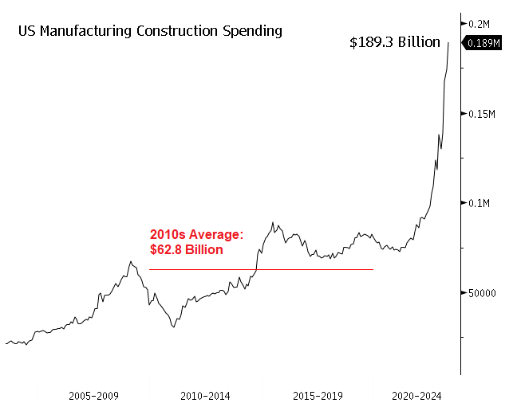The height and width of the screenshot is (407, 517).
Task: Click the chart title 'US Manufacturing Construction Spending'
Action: click(149, 32)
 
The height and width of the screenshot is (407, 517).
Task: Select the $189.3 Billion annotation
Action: click(395, 43)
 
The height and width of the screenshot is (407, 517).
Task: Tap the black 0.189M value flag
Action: click(484, 43)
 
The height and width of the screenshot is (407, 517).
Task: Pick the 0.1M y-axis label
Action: click(480, 203)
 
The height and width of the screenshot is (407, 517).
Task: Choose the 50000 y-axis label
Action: click(483, 292)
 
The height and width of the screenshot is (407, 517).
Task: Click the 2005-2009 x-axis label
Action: click(93, 395)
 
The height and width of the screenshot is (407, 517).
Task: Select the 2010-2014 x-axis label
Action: click(206, 395)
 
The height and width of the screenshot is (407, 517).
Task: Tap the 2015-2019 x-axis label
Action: click(318, 395)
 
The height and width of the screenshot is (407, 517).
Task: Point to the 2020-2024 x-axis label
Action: click(416, 395)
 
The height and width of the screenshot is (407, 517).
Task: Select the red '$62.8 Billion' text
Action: click(187, 249)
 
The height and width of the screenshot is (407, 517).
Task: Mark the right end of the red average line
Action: click(373, 269)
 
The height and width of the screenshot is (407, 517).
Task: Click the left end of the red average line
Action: click(150, 269)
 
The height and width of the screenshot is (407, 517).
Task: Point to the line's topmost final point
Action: click(448, 43)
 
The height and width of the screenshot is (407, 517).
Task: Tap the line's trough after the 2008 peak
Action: click(173, 327)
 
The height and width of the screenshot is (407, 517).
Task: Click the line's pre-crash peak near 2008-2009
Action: click(130, 260)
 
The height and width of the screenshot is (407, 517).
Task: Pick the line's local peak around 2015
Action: click(273, 223)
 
